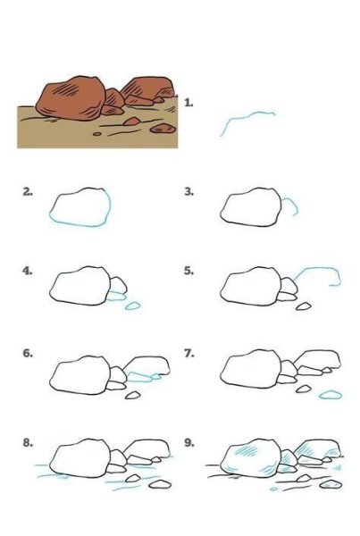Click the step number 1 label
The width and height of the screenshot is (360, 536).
pos(188,103)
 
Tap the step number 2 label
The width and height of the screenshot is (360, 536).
pos(28,192)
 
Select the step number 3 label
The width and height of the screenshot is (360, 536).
pos(189,192)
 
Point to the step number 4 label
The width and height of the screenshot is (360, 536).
pos(28,271)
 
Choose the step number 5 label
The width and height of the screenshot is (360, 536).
pos(189,271)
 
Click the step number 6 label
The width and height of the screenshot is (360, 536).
pos(28,353)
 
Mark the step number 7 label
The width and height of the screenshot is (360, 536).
pos(189,353)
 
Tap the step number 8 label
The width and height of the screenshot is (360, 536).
pos(28,443)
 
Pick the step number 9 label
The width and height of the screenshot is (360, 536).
pos(189,443)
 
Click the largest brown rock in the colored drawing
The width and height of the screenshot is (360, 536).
pos(71,98)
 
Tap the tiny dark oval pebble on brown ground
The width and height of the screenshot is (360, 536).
pos(97,134)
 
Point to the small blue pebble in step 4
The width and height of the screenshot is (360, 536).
pos(132,306)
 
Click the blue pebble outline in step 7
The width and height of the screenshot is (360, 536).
pos(331,395)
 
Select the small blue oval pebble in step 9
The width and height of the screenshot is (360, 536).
pos(274,490)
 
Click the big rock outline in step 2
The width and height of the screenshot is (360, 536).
pos(80,225)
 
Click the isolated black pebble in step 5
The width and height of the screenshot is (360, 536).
pos(303,306)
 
